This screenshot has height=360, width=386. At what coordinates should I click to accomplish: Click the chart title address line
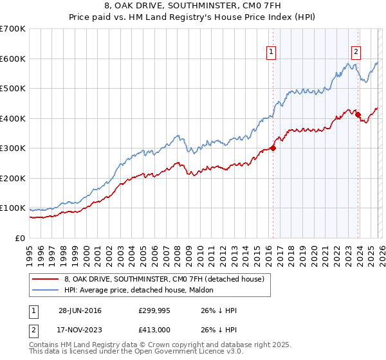(x=193, y=7)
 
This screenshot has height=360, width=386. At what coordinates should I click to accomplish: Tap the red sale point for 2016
(x=273, y=148)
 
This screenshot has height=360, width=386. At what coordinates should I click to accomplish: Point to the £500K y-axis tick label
(x=13, y=88)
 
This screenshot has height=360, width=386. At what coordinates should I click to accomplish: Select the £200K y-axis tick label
(x=13, y=178)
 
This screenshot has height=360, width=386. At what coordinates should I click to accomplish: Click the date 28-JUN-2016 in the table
(x=79, y=310)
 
